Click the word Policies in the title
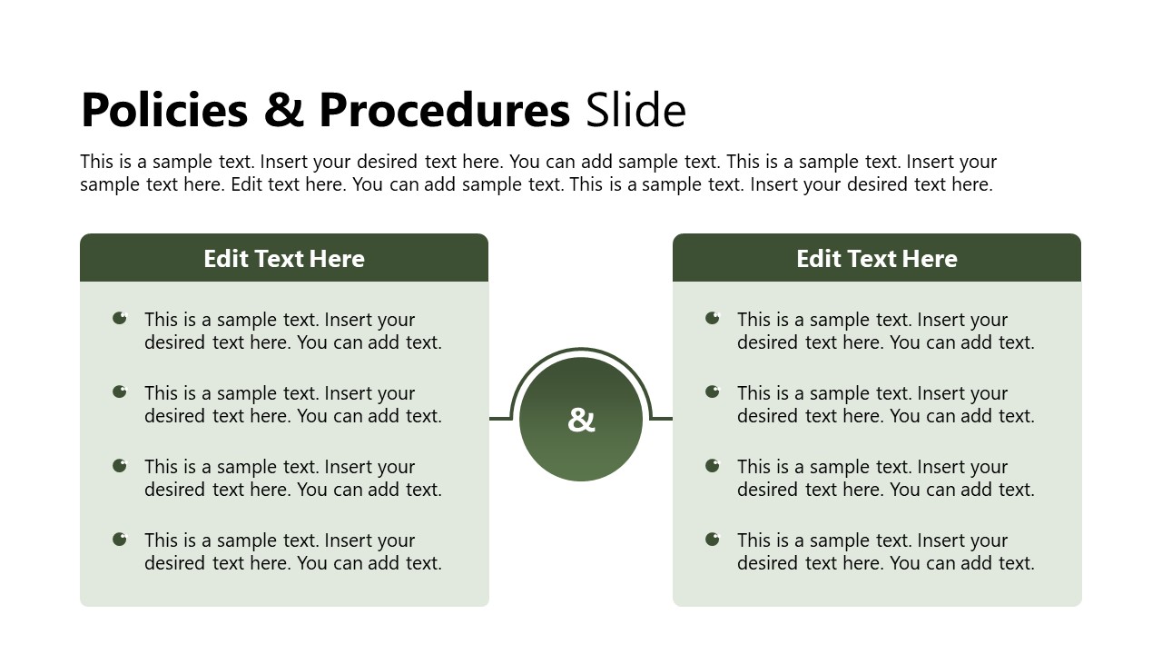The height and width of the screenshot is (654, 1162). pos(163,111)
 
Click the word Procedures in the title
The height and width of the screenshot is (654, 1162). pos(444,111)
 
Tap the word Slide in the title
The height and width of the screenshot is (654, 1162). pos(635,111)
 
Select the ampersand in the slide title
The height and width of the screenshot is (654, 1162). pos(282,111)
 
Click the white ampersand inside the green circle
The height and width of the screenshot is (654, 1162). pos(581,420)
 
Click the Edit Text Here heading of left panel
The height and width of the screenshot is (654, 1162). pos(284,259)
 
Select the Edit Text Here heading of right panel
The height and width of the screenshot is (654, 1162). pos(877,259)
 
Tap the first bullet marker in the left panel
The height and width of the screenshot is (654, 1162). pos(120,318)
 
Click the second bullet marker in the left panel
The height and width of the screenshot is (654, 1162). pos(120,391)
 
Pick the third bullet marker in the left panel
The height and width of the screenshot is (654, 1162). pos(120,465)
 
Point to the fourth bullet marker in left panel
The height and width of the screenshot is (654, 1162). pos(120,539)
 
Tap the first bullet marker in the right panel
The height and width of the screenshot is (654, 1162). pos(713,318)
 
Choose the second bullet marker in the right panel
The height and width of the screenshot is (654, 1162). pos(713,391)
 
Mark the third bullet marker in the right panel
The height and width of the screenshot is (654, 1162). pos(713,465)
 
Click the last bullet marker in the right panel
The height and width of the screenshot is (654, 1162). pos(713,539)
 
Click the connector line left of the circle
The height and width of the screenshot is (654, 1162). pos(500,419)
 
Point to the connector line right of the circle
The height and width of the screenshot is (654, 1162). pos(662,419)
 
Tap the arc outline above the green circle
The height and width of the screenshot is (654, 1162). pos(581,350)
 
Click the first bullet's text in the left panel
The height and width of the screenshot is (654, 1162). pos(292,331)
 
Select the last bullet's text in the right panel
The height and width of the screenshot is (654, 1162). pos(885,551)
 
